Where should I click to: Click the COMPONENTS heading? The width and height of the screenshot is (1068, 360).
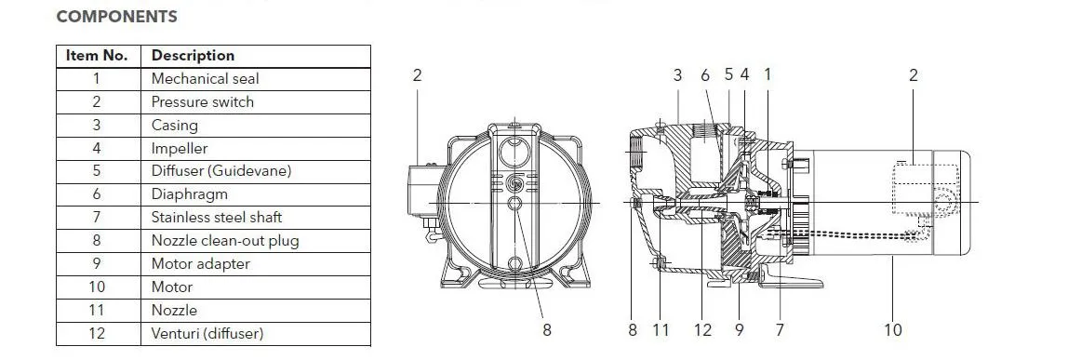(116, 17)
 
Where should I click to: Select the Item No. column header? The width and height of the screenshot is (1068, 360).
(97, 56)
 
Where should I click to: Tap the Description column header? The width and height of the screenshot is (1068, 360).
(193, 56)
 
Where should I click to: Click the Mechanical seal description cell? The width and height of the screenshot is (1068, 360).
(205, 79)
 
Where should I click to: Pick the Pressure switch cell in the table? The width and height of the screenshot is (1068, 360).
(202, 102)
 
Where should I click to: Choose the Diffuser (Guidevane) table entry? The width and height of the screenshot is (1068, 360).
(221, 171)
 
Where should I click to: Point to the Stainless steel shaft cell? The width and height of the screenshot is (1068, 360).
(217, 218)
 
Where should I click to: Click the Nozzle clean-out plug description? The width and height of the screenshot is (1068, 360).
(225, 241)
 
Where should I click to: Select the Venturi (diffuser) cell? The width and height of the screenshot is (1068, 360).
(207, 333)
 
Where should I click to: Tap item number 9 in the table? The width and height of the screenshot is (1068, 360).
(97, 264)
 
